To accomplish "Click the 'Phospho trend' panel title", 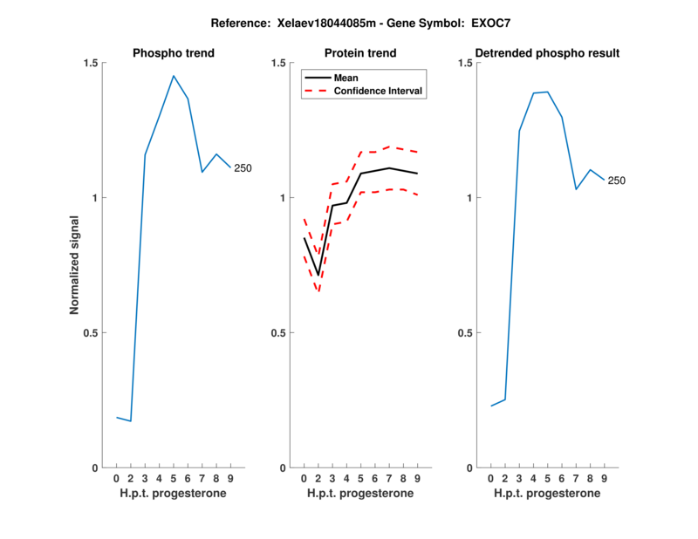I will (x=174, y=53).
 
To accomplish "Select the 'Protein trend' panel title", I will (x=360, y=53).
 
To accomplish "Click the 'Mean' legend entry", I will (x=346, y=78).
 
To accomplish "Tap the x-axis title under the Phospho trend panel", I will (x=174, y=494).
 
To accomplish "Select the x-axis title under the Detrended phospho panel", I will (x=547, y=494).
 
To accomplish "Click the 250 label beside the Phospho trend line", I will (x=243, y=168).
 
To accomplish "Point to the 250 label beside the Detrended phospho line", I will (x=617, y=181).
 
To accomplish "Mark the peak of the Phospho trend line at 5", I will (x=174, y=76).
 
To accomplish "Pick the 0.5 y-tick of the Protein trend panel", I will (x=277, y=333).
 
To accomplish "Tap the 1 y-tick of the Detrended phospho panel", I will (x=470, y=198).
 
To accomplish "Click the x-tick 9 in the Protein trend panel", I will (x=417, y=479).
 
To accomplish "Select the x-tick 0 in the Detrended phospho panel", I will (x=490, y=479).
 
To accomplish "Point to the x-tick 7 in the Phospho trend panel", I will (x=202, y=479).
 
